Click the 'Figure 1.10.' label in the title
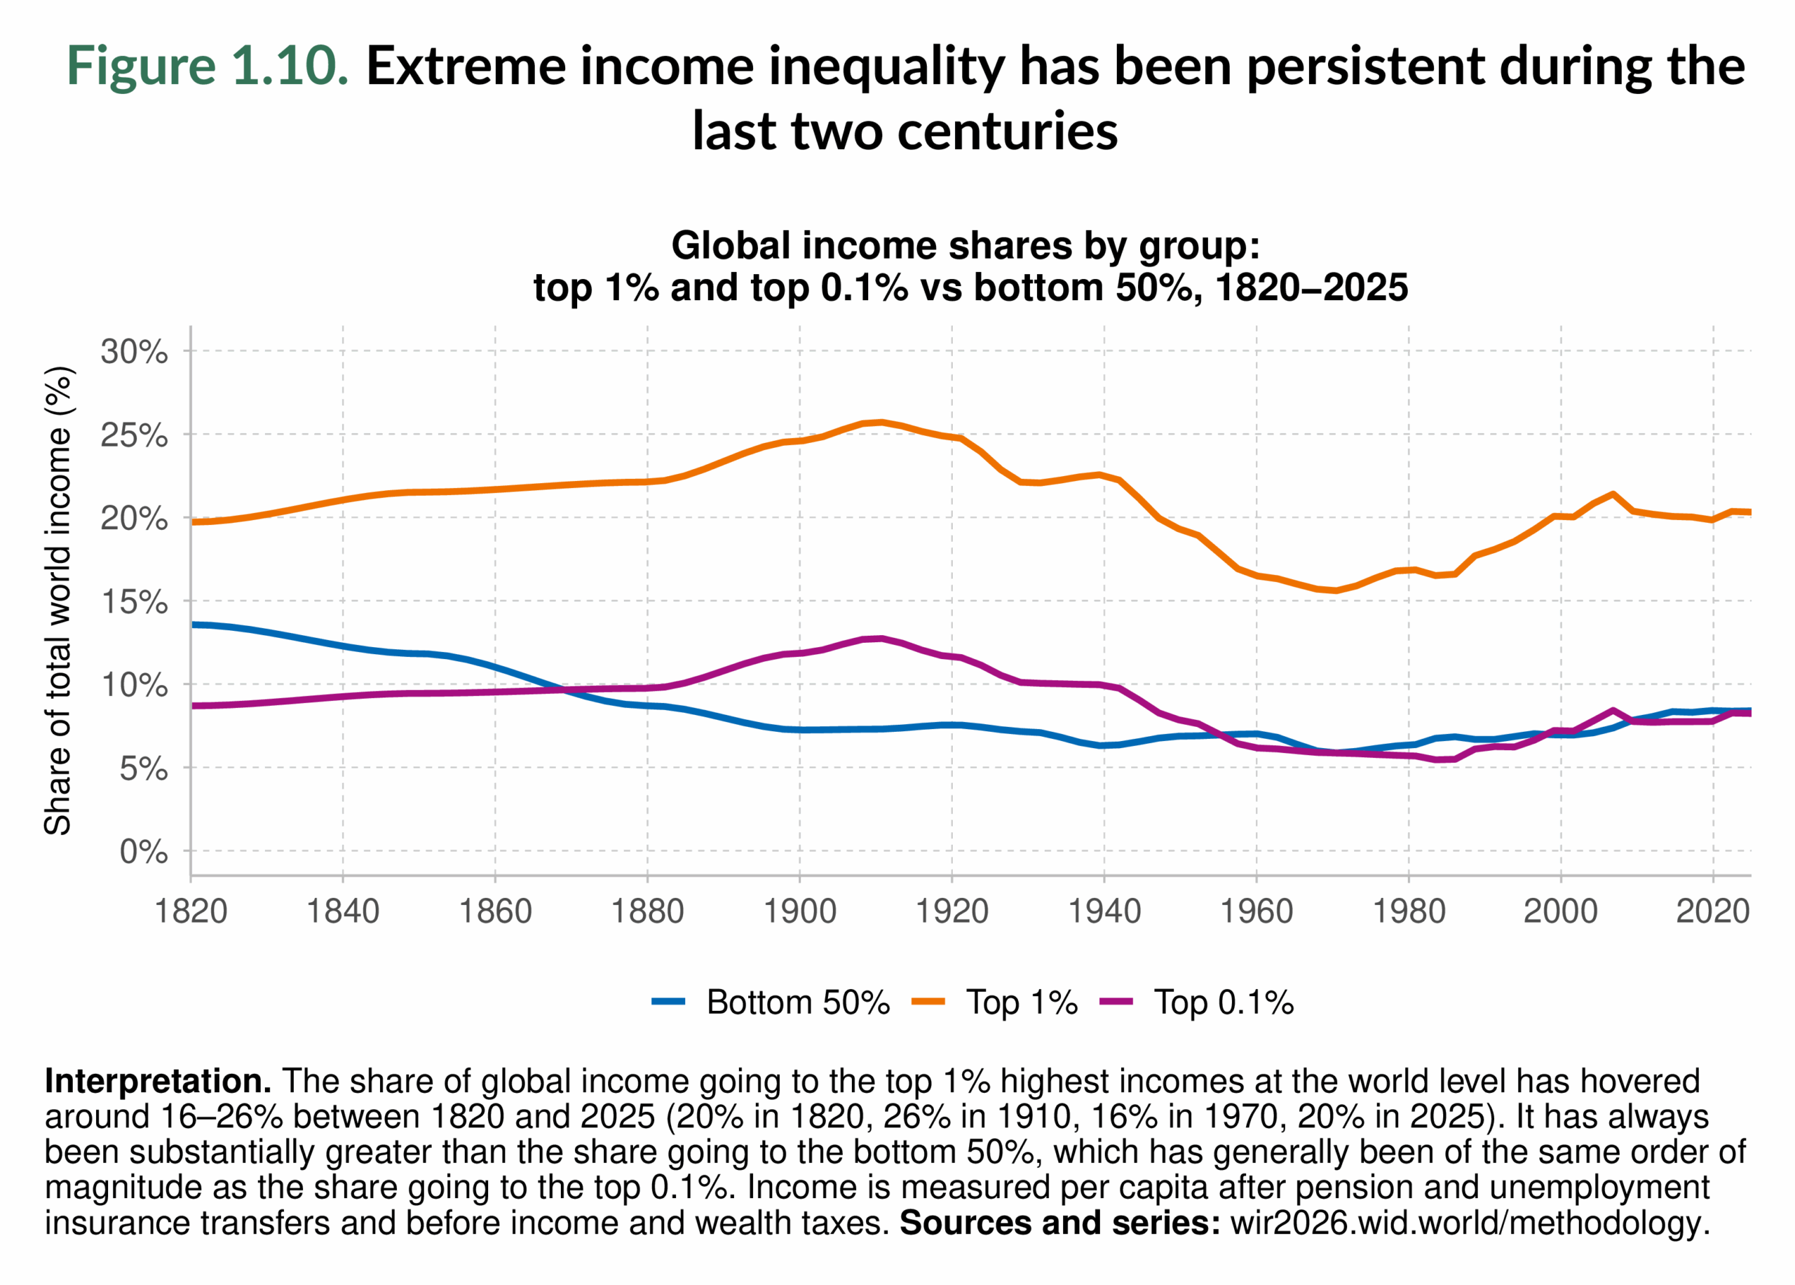coord(208,65)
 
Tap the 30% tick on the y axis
coord(134,351)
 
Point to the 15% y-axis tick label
coord(134,602)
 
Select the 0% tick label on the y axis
coord(143,852)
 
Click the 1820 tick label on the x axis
coord(191,911)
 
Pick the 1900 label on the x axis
coord(799,911)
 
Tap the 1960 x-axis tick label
coord(1256,911)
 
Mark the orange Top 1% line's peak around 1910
coord(881,422)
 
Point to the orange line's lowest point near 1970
coord(1336,590)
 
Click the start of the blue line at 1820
coord(192,625)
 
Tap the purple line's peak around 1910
coord(881,639)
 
